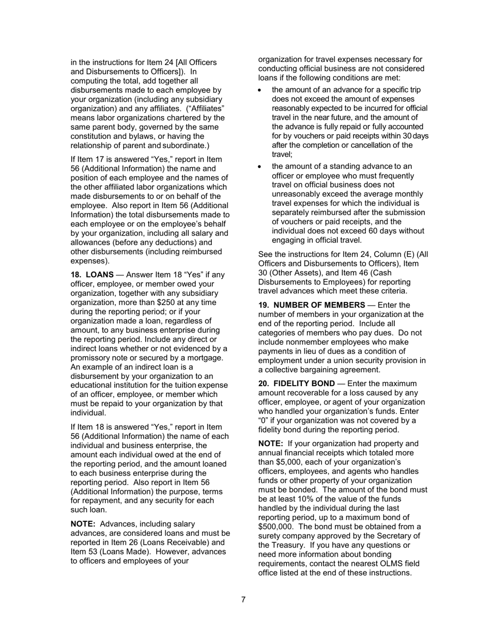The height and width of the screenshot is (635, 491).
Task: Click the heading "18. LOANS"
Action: click(92, 275)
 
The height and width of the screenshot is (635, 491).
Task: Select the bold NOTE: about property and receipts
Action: click(270, 443)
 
